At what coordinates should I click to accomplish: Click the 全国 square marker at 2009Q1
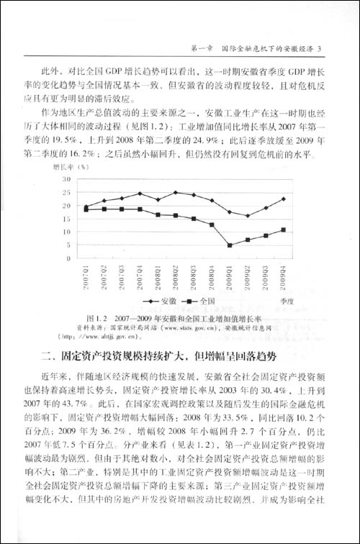(229, 245)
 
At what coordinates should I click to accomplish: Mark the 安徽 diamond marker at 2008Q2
(176, 192)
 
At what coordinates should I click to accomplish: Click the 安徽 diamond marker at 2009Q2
(247, 215)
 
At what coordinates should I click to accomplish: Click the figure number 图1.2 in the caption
(96, 317)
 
